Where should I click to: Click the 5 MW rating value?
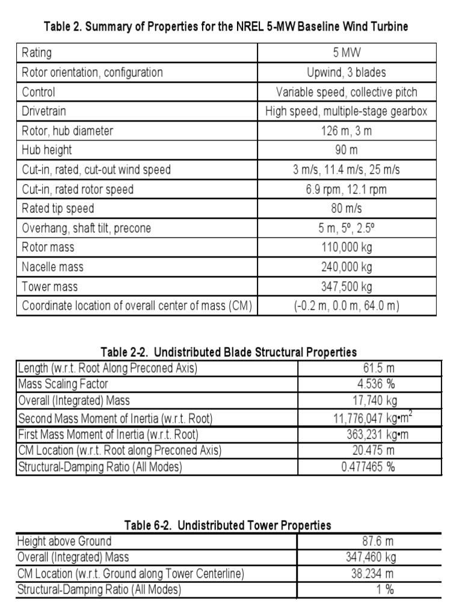(346, 53)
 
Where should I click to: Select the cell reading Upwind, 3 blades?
(346, 73)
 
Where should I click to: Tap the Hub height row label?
(46, 150)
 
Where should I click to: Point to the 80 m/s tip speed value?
(346, 209)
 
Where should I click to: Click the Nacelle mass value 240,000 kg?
(346, 267)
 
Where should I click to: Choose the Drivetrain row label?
(44, 111)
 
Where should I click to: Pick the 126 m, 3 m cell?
(346, 131)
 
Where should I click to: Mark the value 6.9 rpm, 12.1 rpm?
(346, 189)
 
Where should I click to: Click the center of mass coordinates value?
(346, 306)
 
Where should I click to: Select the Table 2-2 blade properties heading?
(228, 352)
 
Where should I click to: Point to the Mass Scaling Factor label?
(63, 384)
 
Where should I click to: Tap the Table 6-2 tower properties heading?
(227, 525)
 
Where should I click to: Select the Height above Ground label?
(64, 541)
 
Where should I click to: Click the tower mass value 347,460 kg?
(368, 558)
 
